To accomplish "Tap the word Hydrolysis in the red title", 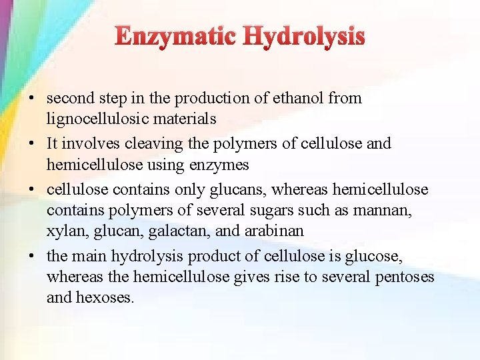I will [x=304, y=37].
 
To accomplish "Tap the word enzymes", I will [x=217, y=164].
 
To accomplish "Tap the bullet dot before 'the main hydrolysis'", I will [x=31, y=257].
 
